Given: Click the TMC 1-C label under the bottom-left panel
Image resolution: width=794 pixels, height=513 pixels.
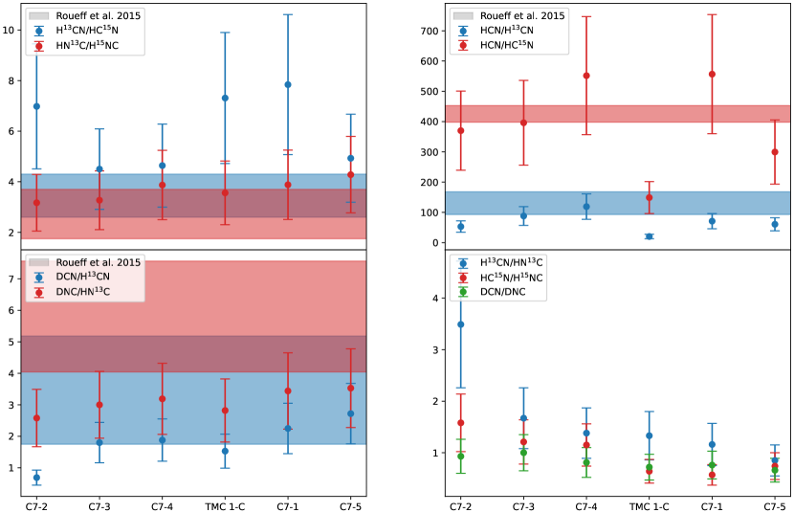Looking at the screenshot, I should [225, 504].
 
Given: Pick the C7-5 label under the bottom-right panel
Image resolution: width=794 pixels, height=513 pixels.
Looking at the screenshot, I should [774, 504].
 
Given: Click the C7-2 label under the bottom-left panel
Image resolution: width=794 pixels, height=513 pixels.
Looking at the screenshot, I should [36, 504].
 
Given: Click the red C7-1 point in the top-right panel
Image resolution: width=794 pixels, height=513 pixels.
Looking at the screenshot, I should [712, 74].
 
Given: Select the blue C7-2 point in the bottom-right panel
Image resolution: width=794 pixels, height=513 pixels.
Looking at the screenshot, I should [461, 324].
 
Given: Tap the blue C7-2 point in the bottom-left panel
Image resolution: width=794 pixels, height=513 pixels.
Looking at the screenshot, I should [36, 478].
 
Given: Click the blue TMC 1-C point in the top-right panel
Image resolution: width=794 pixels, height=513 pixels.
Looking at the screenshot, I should [649, 236].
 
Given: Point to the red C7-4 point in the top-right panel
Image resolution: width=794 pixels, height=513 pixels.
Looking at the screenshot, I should [586, 76].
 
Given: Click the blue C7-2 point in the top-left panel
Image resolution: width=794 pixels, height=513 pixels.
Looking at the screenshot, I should [36, 106].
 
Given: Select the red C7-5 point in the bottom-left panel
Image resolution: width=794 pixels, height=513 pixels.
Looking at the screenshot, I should [351, 388].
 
